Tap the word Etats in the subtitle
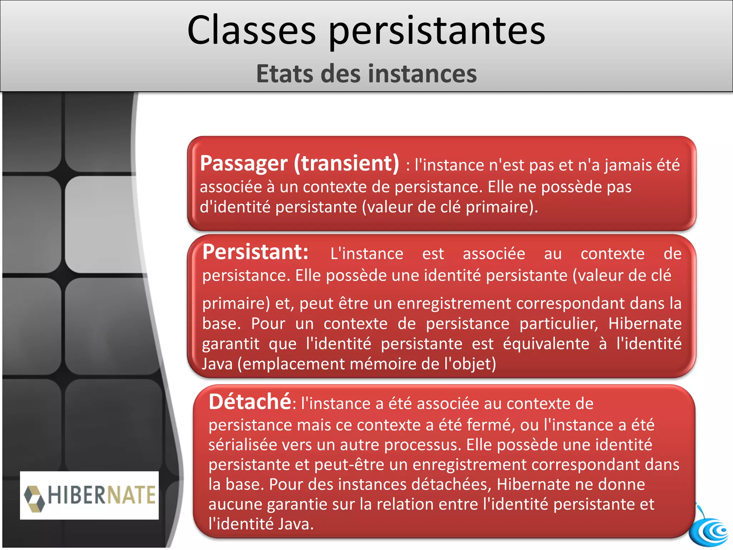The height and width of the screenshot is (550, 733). coord(285,74)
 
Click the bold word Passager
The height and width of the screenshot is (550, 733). coord(243,164)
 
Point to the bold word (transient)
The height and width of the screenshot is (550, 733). coord(346,163)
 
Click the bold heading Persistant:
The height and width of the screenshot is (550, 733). coord(255,252)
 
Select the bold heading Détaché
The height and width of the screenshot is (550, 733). coord(250,402)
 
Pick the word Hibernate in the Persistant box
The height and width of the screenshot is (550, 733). coord(645,324)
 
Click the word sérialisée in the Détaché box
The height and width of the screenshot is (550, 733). coord(243,445)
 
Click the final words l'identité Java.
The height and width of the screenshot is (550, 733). coord(261,524)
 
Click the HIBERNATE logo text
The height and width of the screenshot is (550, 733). coord(102,495)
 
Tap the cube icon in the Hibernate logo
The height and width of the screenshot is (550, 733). coord(34,498)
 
